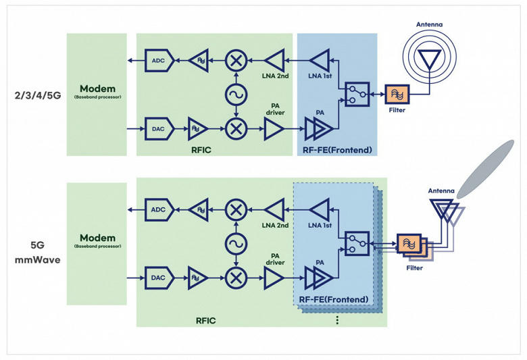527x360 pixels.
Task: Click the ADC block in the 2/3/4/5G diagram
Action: [x=159, y=61]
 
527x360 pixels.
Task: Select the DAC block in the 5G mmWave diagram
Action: [x=159, y=278]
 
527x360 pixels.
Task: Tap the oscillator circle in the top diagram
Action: [x=236, y=95]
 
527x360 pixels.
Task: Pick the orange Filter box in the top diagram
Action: [x=397, y=95]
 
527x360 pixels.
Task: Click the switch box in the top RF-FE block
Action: [x=357, y=95]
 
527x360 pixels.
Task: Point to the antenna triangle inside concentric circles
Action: [x=430, y=59]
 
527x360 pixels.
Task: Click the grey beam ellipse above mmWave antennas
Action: [x=486, y=169]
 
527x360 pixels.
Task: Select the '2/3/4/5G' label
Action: [x=38, y=96]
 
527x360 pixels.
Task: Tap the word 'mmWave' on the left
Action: [x=38, y=260]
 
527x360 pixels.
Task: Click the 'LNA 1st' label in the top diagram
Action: [x=320, y=76]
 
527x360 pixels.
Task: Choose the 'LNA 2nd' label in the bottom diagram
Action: [x=275, y=225]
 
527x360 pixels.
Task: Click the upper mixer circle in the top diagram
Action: [x=236, y=61]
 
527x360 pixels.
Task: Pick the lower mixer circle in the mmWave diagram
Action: [x=236, y=278]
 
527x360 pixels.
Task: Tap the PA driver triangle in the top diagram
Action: [x=273, y=129]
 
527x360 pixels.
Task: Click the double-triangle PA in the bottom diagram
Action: [x=319, y=278]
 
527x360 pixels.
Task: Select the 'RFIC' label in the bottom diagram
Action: [x=205, y=321]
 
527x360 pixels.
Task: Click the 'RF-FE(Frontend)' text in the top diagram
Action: [x=337, y=150]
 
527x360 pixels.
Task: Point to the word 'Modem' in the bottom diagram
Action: [x=97, y=238]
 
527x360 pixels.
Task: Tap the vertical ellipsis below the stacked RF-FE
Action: [x=337, y=320]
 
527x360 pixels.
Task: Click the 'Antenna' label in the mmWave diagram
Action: [x=441, y=190]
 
